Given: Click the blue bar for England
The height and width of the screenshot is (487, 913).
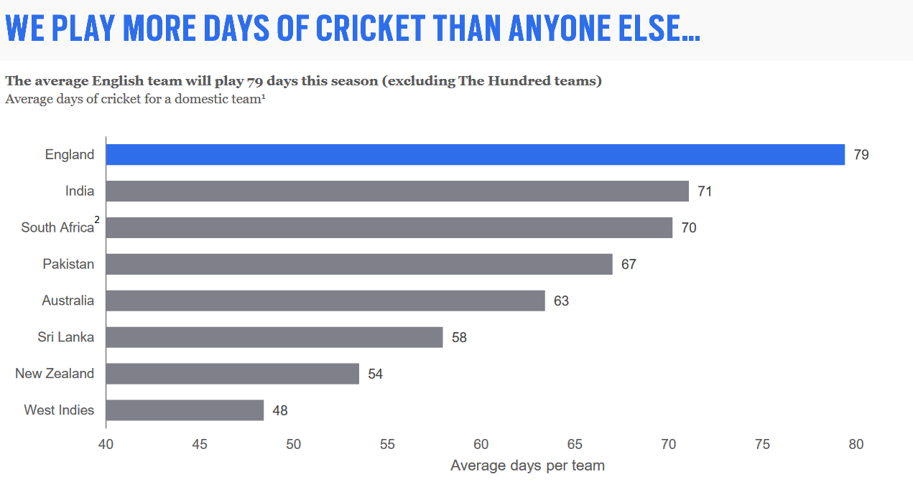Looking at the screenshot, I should pos(475,154).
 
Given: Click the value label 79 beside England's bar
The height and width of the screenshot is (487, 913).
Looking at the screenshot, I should pos(861,155).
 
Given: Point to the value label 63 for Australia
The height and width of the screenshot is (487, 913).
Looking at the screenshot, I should pos(561,301).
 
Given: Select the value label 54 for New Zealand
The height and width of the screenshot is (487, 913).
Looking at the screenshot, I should pos(375,374).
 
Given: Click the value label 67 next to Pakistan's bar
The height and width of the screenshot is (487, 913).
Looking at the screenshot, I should pos(629,265).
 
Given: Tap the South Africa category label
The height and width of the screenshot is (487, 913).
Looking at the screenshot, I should pos(57,227).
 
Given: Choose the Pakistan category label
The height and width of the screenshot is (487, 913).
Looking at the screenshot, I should pos(68,264).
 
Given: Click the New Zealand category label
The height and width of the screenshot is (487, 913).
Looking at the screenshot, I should pos(55,374).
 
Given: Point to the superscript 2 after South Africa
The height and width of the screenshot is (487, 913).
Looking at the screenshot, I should pos(97,220).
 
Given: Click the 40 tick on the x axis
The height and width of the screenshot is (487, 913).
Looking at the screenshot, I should pos(106,444).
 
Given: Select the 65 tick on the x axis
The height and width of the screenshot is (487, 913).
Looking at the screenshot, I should pos(575,444).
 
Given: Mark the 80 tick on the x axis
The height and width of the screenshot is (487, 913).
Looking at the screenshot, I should pos(856,444).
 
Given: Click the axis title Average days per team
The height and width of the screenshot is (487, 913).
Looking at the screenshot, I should pos(527,466).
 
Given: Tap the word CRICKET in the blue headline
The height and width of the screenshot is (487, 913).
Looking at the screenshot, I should pos(370,28).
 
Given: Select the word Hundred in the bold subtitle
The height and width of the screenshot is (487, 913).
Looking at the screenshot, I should pos(515,81).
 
